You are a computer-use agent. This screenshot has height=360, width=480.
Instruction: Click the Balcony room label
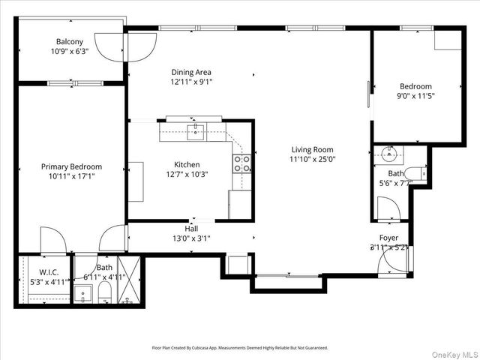click(69, 41)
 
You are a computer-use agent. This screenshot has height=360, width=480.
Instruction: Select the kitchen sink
click(195, 132)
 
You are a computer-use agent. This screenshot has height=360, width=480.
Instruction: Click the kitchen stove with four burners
click(241, 163)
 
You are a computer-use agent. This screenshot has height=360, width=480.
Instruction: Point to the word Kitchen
click(187, 164)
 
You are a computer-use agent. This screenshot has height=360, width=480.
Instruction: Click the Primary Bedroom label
click(71, 166)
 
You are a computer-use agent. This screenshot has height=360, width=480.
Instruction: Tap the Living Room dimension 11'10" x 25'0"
click(312, 159)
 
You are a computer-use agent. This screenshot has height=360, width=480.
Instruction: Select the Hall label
click(192, 229)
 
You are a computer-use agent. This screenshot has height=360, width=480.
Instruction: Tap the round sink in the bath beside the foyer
click(388, 155)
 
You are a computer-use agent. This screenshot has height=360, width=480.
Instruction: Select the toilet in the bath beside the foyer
click(417, 174)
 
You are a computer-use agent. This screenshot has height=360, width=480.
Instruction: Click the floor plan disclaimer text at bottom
click(239, 348)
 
